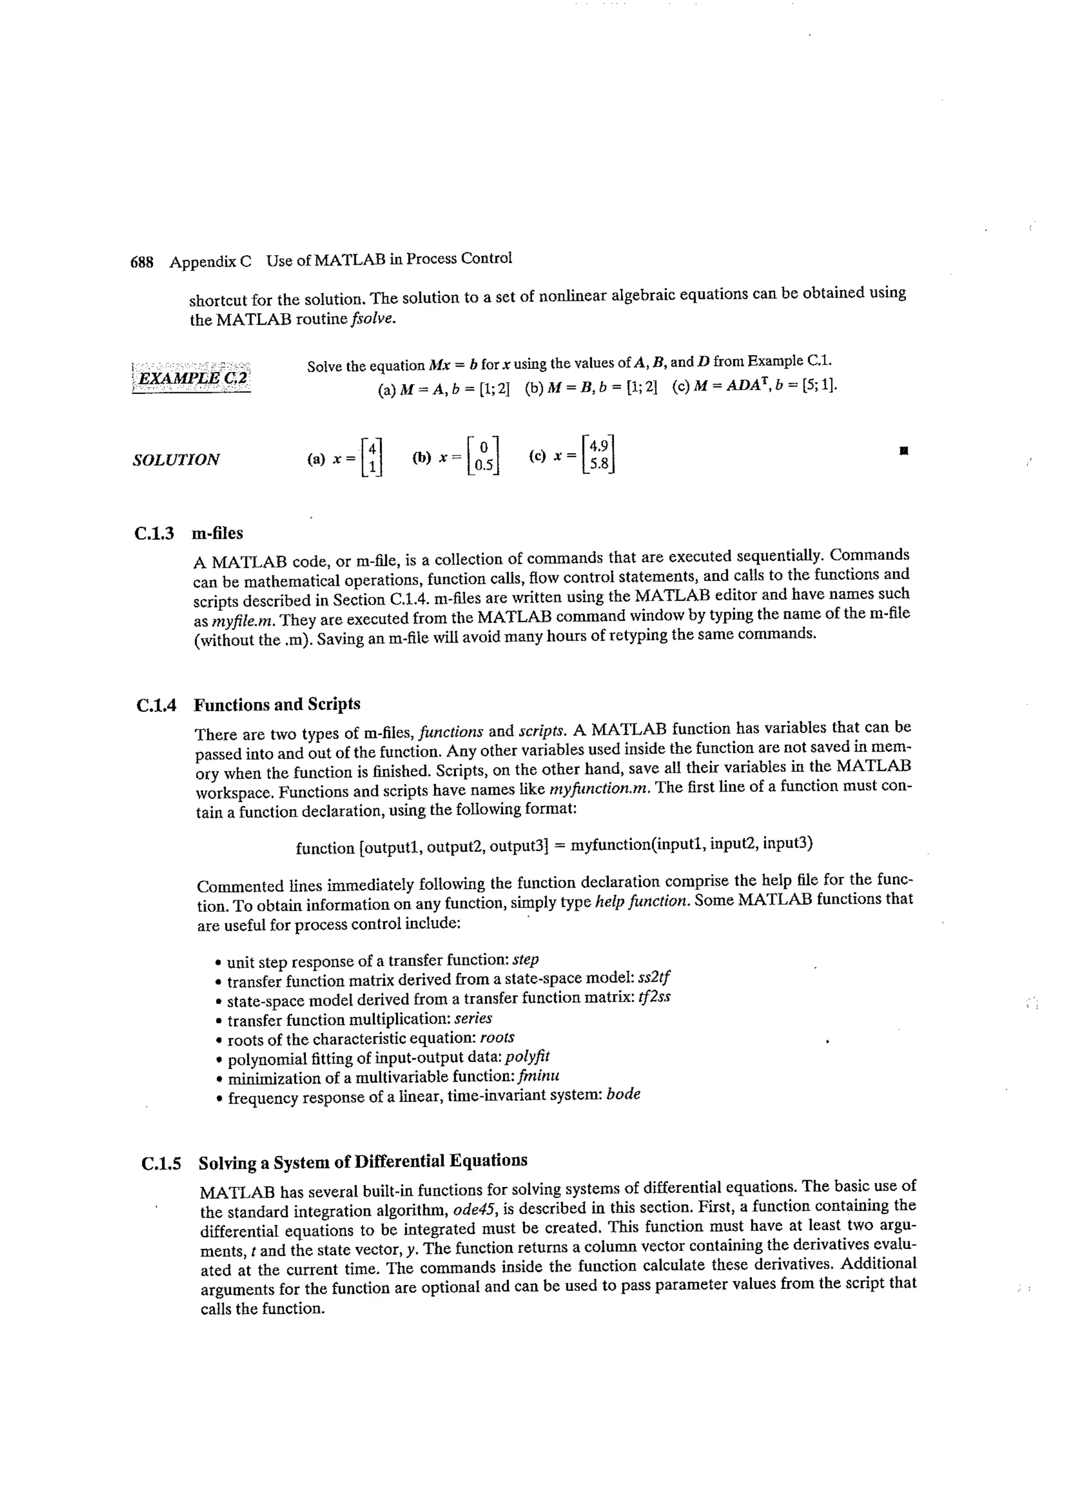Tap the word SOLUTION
click(176, 460)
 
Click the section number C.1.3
click(154, 533)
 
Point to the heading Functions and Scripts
click(276, 705)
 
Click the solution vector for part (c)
click(599, 455)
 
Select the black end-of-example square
click(904, 452)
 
